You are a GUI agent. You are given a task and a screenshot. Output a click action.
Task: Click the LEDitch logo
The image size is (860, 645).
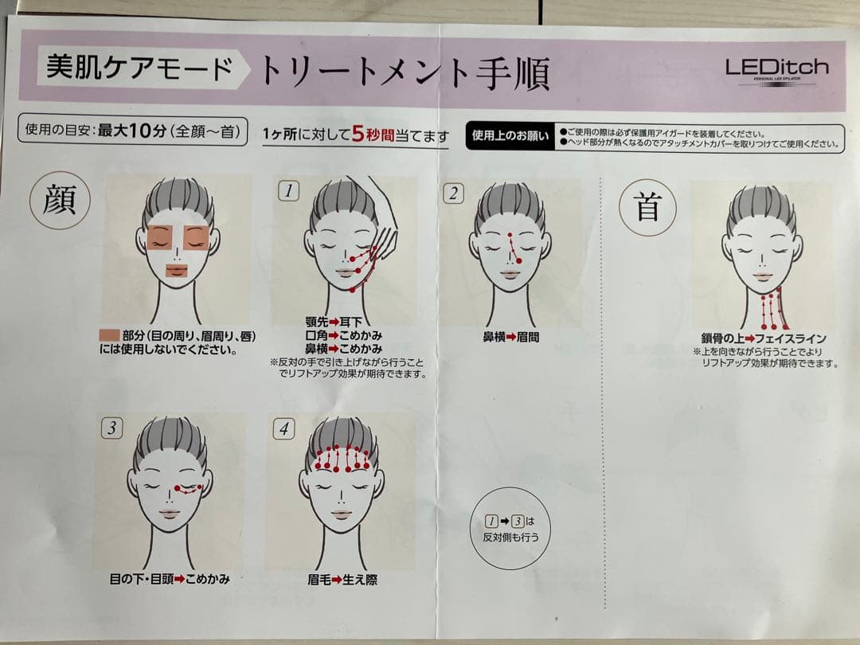pyautogui.click(x=776, y=71)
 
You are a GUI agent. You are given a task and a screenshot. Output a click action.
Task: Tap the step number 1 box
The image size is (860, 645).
pyautogui.click(x=288, y=191)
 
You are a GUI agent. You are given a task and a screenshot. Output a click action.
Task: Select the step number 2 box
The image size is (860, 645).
pyautogui.click(x=453, y=193)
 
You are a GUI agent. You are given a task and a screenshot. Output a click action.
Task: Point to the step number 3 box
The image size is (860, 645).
pyautogui.click(x=112, y=428)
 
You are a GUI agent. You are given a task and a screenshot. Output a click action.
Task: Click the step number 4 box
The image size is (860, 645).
pyautogui.click(x=283, y=429)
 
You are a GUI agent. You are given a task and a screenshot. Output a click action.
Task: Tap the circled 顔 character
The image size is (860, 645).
pyautogui.click(x=60, y=199)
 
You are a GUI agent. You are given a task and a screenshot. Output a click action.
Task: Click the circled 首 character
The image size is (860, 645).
pyautogui.click(x=647, y=208)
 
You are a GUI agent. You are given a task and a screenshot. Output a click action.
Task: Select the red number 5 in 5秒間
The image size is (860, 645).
pyautogui.click(x=358, y=133)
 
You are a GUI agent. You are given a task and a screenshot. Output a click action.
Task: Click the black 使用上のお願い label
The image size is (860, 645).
pyautogui.click(x=510, y=137)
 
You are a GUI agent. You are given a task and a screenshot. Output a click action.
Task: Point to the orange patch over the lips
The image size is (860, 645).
pyautogui.click(x=177, y=271)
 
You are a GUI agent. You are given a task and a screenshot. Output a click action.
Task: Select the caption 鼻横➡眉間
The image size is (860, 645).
pyautogui.click(x=510, y=338)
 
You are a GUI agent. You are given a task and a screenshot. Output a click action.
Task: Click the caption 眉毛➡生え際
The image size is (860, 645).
pyautogui.click(x=342, y=580)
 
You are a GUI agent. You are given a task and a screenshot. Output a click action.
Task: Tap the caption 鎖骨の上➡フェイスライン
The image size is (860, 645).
pyautogui.click(x=764, y=338)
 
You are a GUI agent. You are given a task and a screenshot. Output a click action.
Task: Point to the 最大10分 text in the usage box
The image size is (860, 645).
pyautogui.click(x=132, y=131)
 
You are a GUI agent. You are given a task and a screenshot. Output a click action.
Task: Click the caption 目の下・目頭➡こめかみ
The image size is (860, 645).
pyautogui.click(x=170, y=579)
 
